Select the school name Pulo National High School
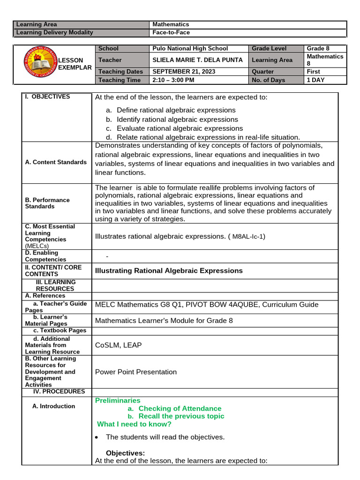pos(190,48)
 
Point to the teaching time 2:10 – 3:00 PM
pos(173,80)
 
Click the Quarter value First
pos(314,72)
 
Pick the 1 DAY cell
pos(315,80)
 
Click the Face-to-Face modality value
pos(171,33)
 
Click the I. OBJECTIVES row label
pos(48,97)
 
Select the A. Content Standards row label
pos(56,162)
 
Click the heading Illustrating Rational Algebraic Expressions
pos(169,271)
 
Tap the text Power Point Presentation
pos(136,372)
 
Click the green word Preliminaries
pos(118,400)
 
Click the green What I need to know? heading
pos(134,424)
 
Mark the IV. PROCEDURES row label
pos(59,391)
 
